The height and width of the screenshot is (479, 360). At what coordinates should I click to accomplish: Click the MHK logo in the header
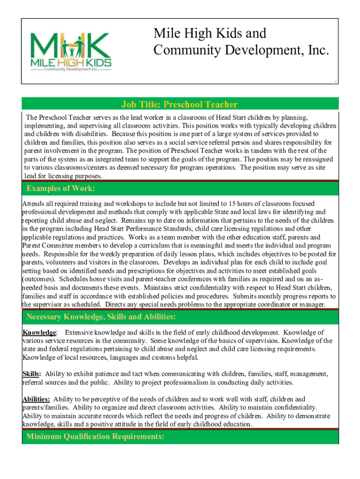71,51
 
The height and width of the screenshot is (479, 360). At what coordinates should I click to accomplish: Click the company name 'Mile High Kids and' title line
210,34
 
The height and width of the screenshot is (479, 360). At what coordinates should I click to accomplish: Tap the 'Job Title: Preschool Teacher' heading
180,105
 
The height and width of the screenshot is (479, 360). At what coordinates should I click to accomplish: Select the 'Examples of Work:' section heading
61,189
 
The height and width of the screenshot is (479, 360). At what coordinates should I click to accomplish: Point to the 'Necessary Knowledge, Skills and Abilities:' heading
101,317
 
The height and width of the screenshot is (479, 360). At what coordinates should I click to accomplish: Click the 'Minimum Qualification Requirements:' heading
95,437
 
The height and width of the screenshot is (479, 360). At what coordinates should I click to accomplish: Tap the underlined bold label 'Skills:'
32,374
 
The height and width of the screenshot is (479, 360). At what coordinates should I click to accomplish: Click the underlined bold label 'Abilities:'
36,399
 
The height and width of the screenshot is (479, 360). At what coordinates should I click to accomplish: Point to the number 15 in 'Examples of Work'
233,203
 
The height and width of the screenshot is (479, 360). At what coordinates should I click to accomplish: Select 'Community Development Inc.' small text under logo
71,69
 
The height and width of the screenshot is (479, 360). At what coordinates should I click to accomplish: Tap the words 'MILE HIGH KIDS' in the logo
71,62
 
